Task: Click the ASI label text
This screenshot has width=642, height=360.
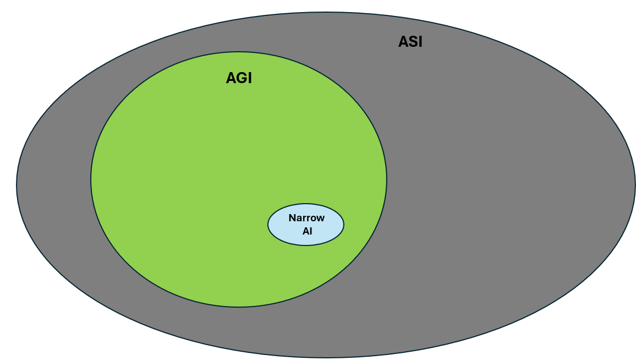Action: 410,42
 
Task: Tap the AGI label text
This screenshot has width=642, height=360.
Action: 239,78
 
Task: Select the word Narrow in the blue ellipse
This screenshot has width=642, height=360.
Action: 306,218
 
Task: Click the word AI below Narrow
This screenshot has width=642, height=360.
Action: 307,231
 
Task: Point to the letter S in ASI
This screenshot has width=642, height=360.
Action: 411,42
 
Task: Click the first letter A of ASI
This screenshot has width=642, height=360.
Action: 403,42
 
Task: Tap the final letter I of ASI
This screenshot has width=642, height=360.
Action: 420,42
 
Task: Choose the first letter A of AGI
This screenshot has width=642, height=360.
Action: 231,78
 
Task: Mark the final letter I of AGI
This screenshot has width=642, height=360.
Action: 249,78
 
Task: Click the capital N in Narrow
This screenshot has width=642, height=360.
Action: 292,218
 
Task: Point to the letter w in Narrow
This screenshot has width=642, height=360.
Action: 321,218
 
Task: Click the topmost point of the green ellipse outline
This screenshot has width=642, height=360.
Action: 239,52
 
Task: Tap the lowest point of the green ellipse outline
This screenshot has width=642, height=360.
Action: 239,307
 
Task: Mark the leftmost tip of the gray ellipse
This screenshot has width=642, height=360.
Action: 17,185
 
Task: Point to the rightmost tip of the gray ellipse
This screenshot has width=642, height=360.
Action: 635,185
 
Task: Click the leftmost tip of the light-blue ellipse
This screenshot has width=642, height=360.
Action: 268,225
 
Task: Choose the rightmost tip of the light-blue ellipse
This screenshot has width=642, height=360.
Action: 344,225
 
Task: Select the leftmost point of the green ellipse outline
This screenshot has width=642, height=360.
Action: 91,179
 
